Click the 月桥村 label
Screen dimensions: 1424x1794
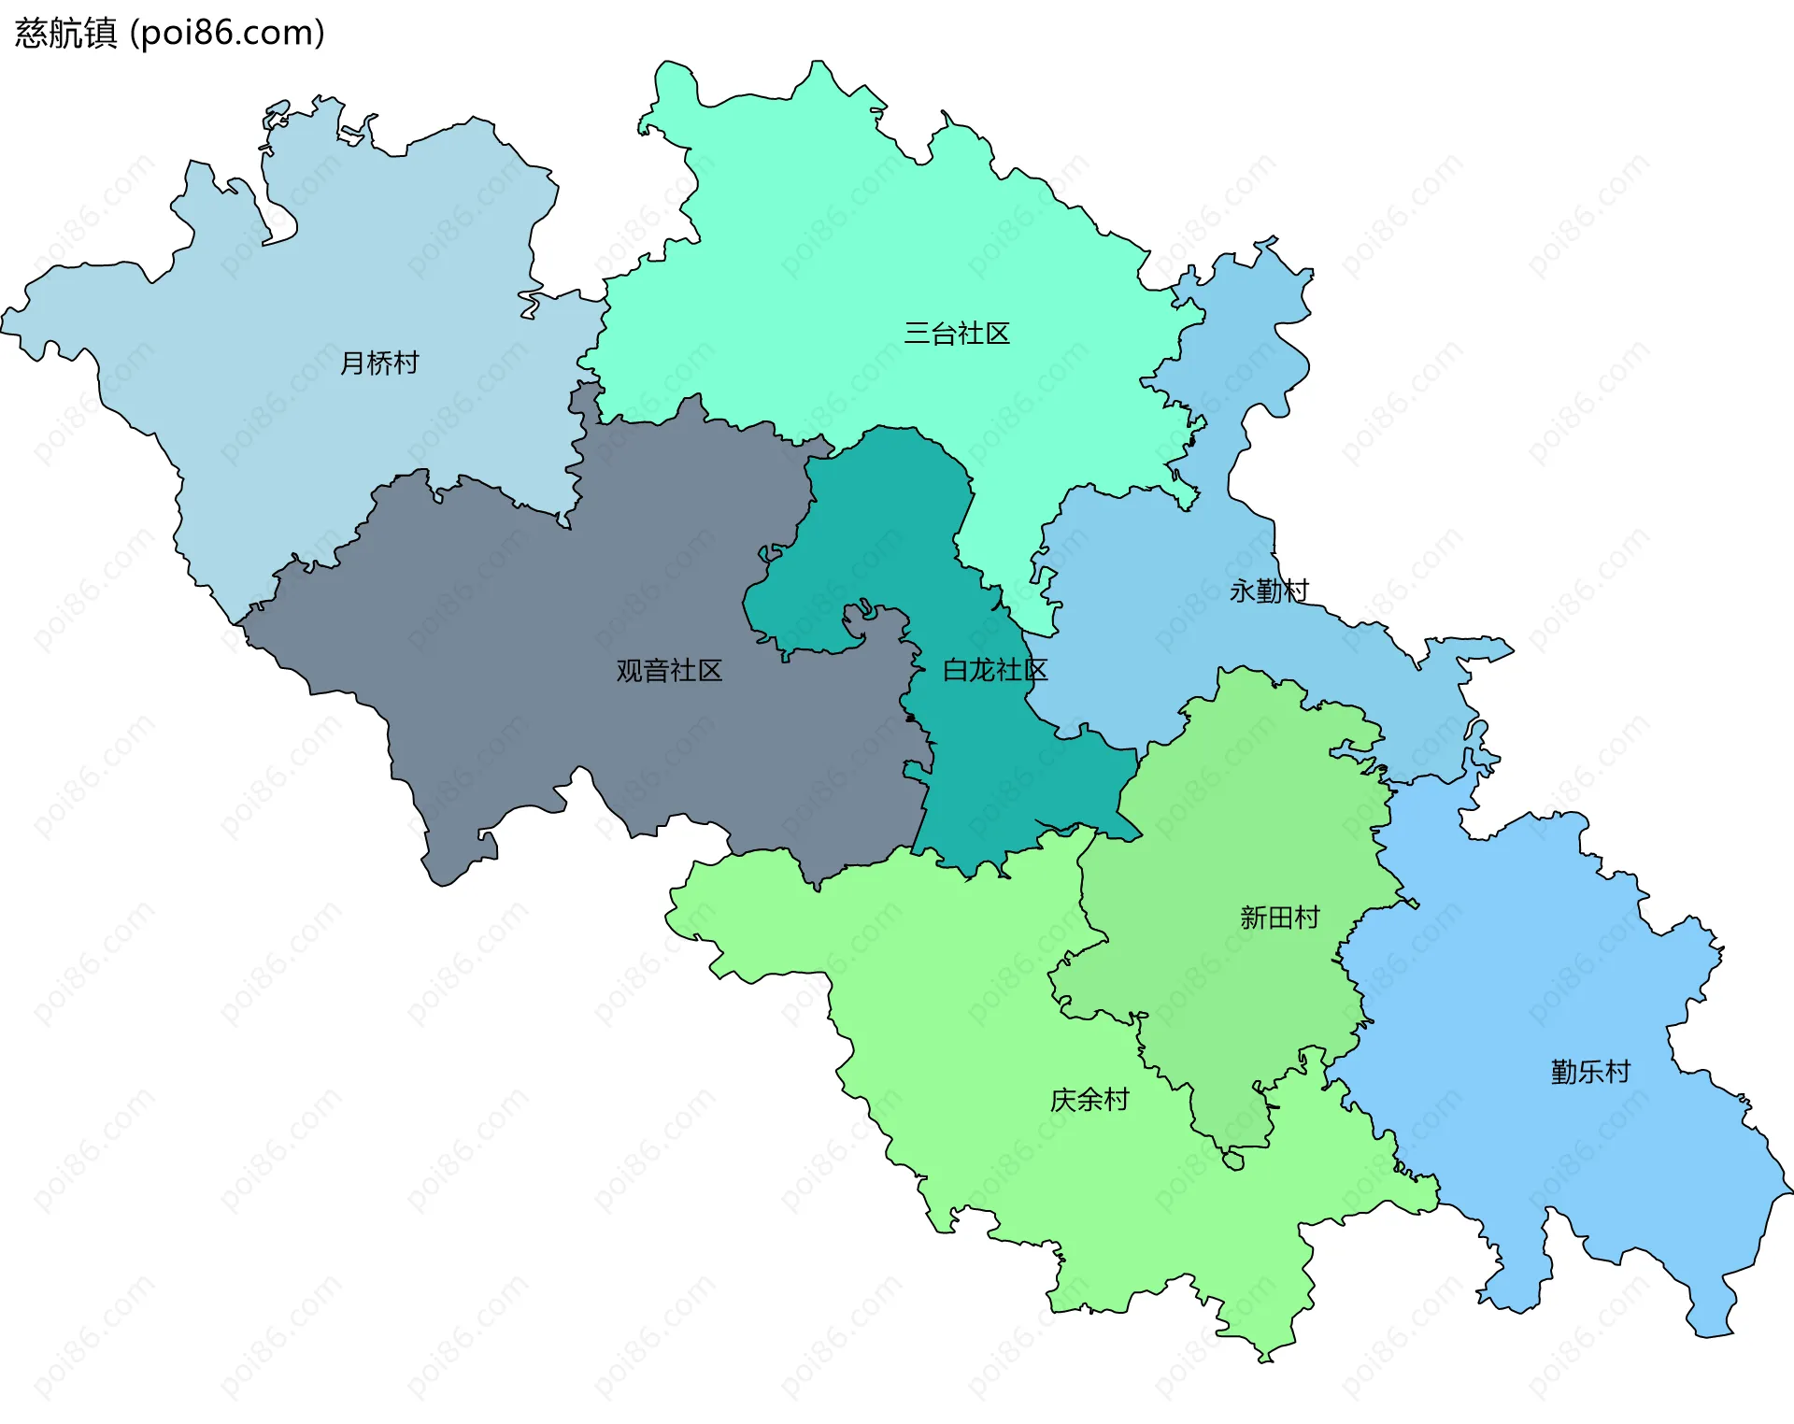click(379, 363)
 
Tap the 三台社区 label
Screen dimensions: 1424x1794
click(957, 334)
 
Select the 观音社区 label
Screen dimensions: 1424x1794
click(669, 670)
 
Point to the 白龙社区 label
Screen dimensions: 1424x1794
click(995, 670)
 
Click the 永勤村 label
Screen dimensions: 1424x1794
click(1269, 591)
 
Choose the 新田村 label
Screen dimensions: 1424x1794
click(1279, 918)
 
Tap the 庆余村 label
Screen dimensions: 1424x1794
click(1089, 1100)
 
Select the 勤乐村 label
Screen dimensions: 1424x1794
click(1590, 1072)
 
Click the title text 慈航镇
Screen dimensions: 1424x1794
click(65, 33)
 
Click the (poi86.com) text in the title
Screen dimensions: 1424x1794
click(227, 33)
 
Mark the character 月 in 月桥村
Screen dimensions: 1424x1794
click(352, 363)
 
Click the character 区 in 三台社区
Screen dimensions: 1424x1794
click(998, 334)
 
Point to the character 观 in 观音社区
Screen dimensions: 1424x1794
click(629, 670)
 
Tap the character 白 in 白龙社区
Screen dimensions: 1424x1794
click(955, 670)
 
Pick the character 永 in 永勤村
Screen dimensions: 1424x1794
click(1242, 591)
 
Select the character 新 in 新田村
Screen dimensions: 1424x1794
click(1253, 918)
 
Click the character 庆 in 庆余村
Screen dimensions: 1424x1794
click(1063, 1100)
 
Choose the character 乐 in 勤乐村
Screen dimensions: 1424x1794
click(1590, 1072)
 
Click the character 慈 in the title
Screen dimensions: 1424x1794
click(31, 33)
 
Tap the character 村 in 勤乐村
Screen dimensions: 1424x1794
click(1617, 1072)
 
